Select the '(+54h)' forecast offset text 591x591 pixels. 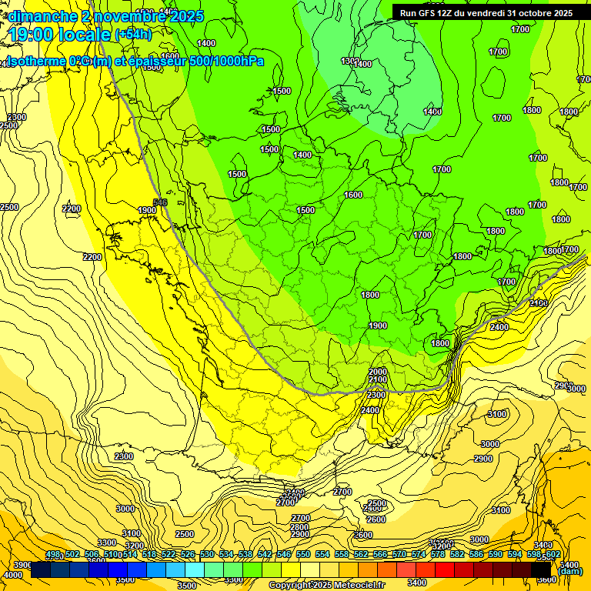point(132,35)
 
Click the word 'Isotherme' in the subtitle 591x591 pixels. point(34,61)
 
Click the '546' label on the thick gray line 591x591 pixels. point(160,202)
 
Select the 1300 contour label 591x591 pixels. point(350,61)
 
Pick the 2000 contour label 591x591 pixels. point(378,372)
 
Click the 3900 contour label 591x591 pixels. point(23,565)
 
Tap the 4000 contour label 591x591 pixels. point(13,575)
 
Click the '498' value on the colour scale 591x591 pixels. point(53,555)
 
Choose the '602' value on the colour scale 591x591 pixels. point(553,555)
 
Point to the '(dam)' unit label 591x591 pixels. point(569,571)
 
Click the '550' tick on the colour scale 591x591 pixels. point(303,555)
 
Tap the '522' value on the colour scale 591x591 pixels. point(169,555)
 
